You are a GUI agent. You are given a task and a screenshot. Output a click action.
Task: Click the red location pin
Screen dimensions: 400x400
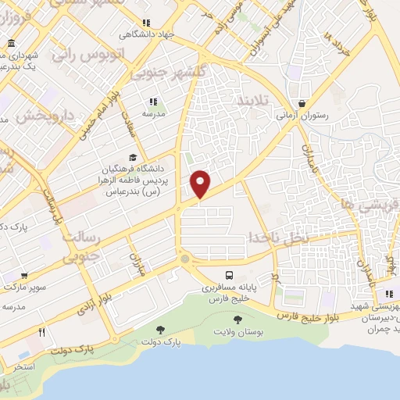(201, 183)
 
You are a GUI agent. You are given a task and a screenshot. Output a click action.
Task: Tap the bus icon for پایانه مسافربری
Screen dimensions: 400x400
(229, 275)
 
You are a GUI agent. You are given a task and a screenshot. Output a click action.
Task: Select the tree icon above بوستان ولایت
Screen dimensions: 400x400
(237, 318)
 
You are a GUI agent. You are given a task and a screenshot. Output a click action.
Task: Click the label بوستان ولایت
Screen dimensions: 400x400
(237, 332)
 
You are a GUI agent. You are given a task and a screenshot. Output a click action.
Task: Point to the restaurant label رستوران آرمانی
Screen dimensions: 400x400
(301, 116)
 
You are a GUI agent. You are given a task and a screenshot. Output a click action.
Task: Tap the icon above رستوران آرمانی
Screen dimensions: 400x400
(301, 103)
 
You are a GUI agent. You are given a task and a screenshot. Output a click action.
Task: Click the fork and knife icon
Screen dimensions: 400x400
(42, 332)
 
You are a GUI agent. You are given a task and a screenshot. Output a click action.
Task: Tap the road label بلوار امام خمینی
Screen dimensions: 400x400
(91, 114)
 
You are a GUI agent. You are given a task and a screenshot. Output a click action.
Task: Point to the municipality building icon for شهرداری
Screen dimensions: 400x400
(9, 43)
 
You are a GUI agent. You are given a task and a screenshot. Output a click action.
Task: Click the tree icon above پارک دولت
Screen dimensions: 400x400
(161, 330)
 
